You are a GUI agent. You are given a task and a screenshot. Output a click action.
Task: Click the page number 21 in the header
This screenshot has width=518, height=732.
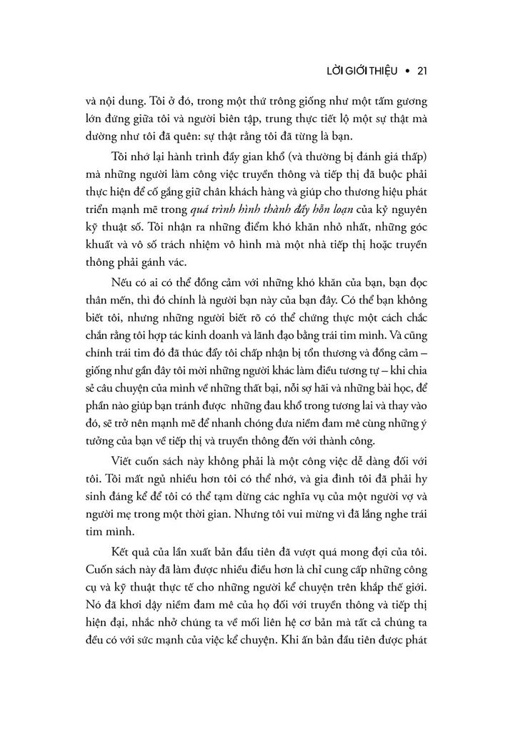[421, 71]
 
